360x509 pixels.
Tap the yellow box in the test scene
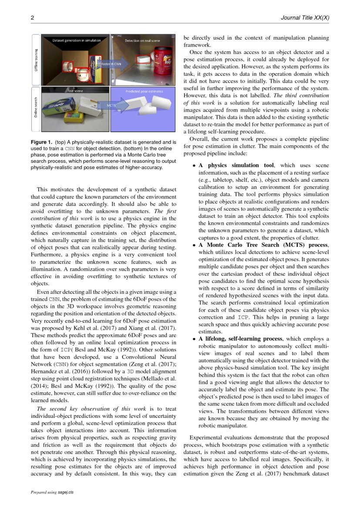click(74, 117)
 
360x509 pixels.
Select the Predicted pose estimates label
click(144, 91)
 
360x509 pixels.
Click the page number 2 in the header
click(32, 18)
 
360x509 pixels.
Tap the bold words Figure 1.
click(42, 142)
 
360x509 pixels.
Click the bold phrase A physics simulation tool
click(236, 165)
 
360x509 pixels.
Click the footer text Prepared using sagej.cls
click(52, 492)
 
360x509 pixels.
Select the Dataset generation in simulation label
click(76, 40)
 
